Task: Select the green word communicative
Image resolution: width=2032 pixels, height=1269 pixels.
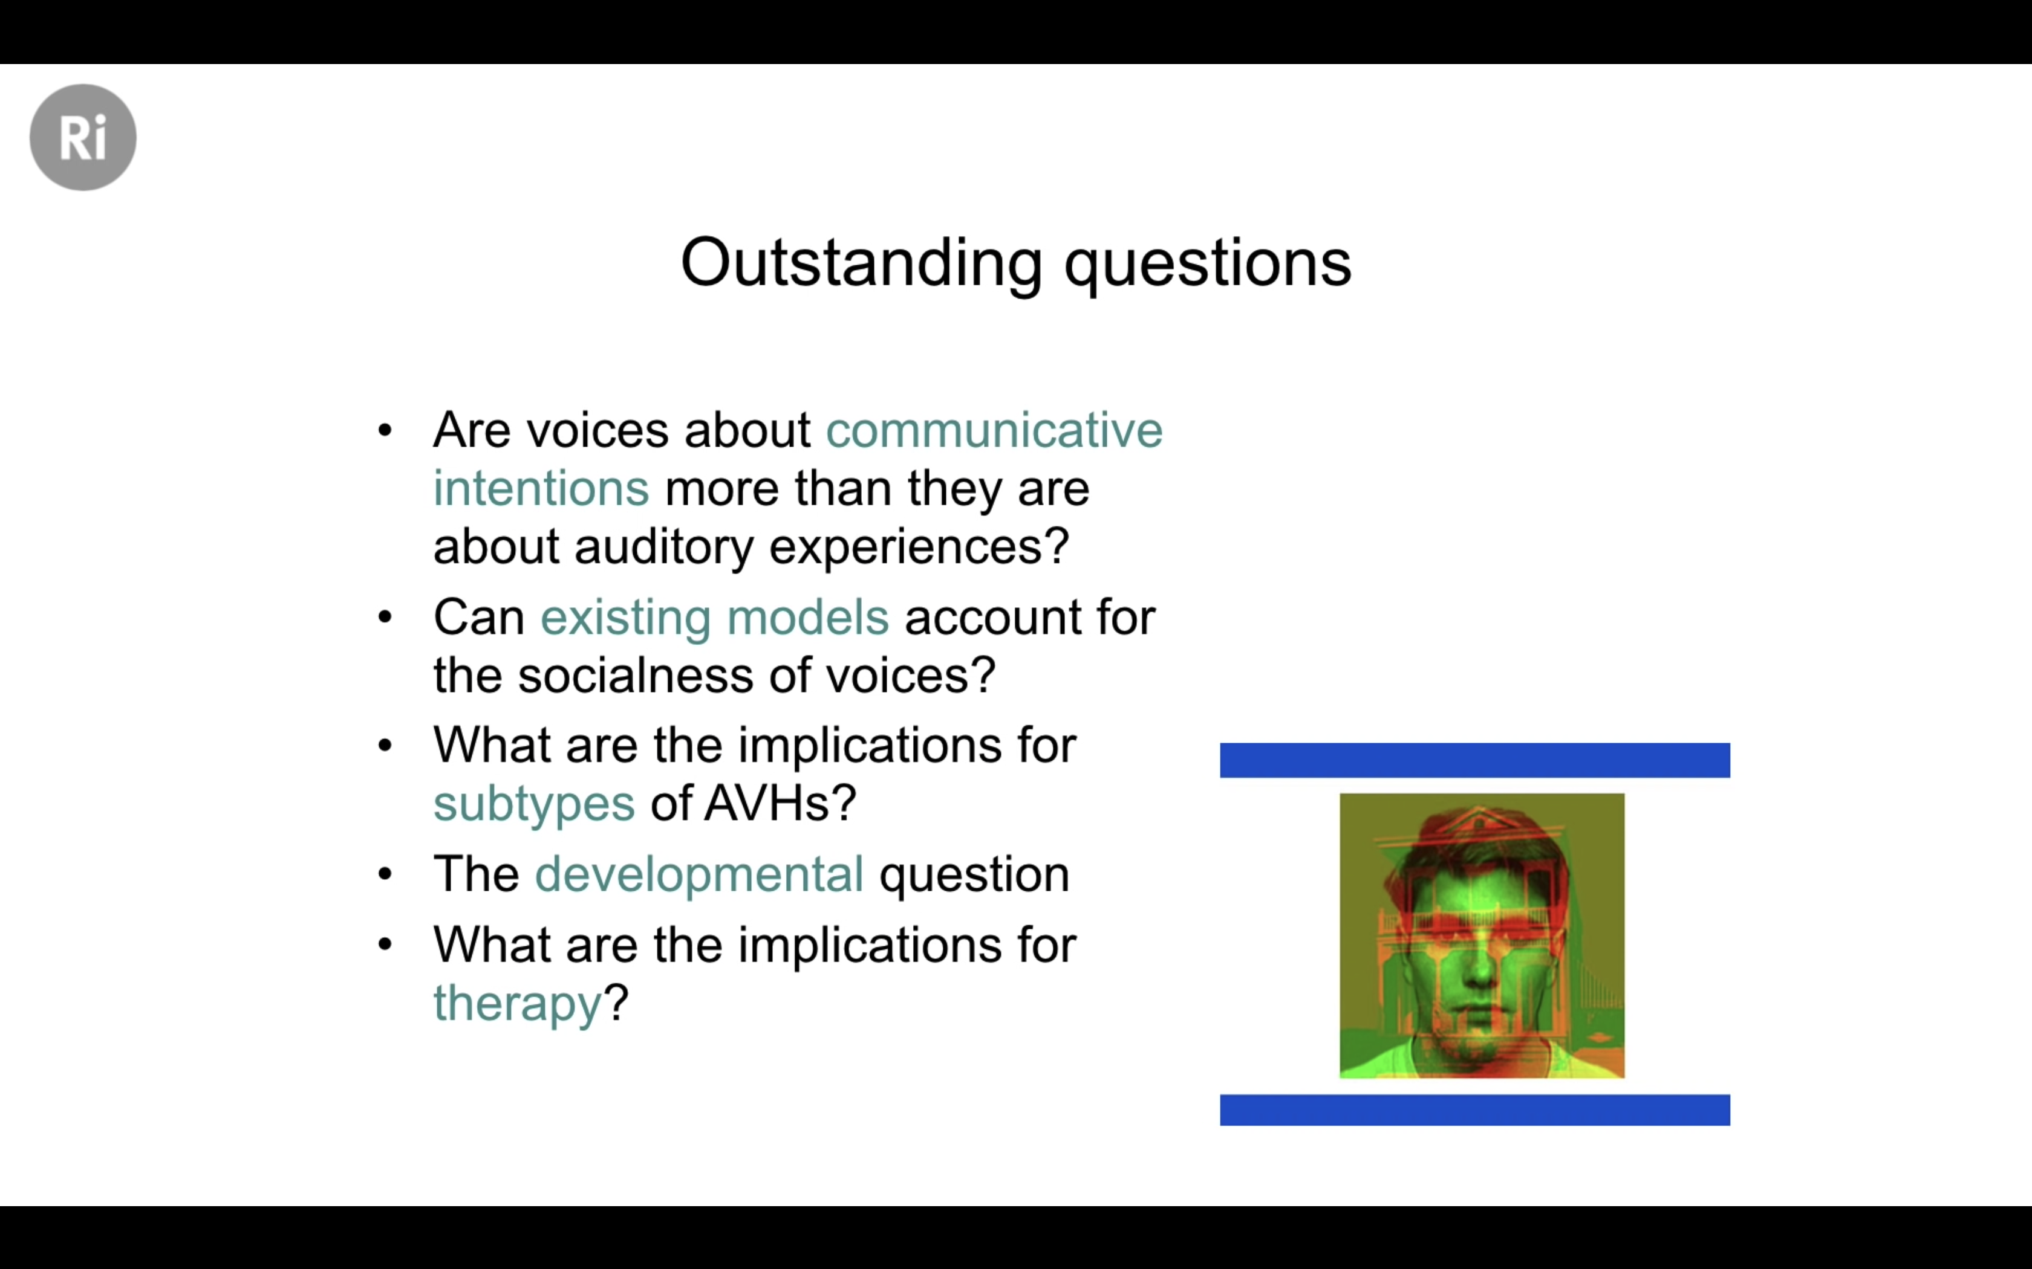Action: pyautogui.click(x=994, y=430)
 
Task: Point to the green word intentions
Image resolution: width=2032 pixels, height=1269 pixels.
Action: pyautogui.click(x=541, y=488)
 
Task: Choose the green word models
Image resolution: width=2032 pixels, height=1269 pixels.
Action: pyautogui.click(x=808, y=617)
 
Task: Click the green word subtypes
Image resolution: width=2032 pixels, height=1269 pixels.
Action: pyautogui.click(x=534, y=805)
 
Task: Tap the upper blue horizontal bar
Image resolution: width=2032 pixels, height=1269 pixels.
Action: pyautogui.click(x=1474, y=760)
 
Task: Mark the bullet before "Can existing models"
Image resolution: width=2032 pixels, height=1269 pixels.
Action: pyautogui.click(x=385, y=618)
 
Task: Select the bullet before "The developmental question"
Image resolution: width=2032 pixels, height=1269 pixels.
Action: pyautogui.click(x=385, y=874)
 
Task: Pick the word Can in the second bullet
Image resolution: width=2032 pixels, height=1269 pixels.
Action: pyautogui.click(x=478, y=618)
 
